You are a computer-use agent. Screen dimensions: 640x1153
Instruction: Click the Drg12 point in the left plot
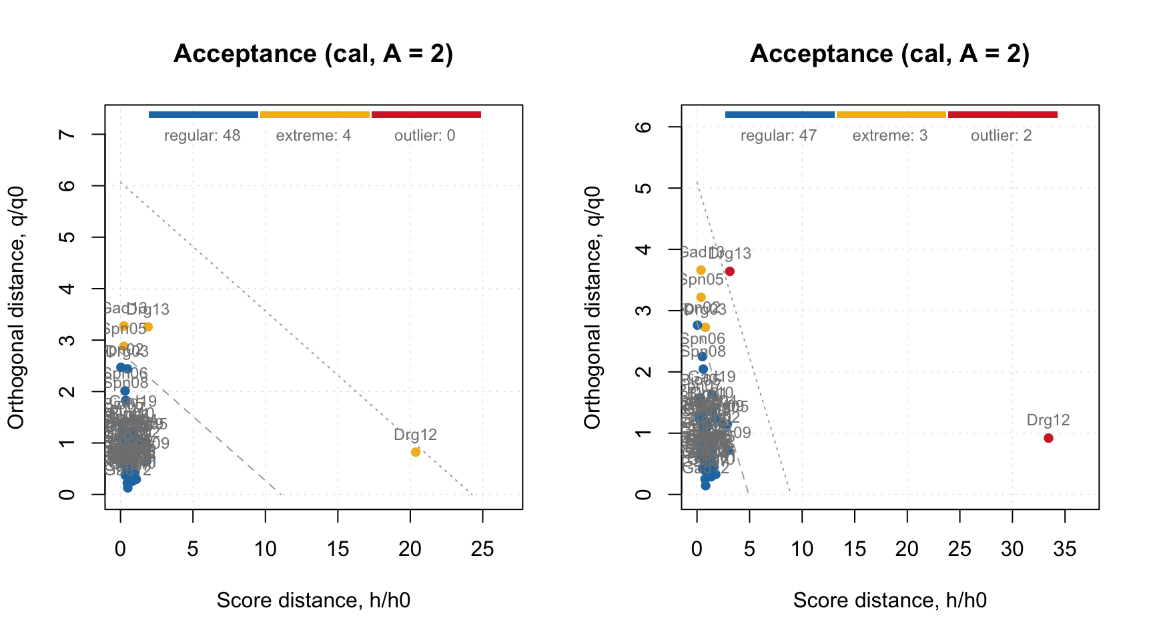416,452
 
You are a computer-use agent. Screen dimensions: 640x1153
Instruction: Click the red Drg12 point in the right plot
1048,438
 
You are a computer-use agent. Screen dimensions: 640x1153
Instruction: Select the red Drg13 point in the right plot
730,271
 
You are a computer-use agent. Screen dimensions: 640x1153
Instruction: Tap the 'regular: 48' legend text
202,136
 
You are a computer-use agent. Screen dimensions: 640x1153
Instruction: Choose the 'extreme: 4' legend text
314,136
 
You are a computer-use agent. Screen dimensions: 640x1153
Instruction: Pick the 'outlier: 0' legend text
425,136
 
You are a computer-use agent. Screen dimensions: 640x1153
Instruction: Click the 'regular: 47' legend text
779,136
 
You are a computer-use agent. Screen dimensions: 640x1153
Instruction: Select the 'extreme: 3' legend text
890,136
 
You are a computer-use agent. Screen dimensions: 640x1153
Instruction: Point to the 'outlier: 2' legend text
1002,136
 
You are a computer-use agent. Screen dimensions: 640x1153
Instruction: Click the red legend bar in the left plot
426,115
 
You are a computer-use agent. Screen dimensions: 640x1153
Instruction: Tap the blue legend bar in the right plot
779,115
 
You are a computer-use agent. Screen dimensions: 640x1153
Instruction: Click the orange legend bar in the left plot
315,115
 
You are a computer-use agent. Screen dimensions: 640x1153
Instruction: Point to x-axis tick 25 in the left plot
482,549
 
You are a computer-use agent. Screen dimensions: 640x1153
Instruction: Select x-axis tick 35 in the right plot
1065,549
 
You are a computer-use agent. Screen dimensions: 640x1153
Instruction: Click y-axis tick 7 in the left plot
67,134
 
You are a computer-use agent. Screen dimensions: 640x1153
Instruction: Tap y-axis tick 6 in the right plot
643,127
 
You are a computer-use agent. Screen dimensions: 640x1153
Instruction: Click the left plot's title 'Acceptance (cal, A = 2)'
314,53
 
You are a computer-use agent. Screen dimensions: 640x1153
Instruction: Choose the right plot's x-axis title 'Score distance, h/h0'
890,601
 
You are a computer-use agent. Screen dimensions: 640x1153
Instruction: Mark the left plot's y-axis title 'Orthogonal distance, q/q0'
16,307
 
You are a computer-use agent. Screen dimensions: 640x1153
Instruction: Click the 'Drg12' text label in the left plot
415,435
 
